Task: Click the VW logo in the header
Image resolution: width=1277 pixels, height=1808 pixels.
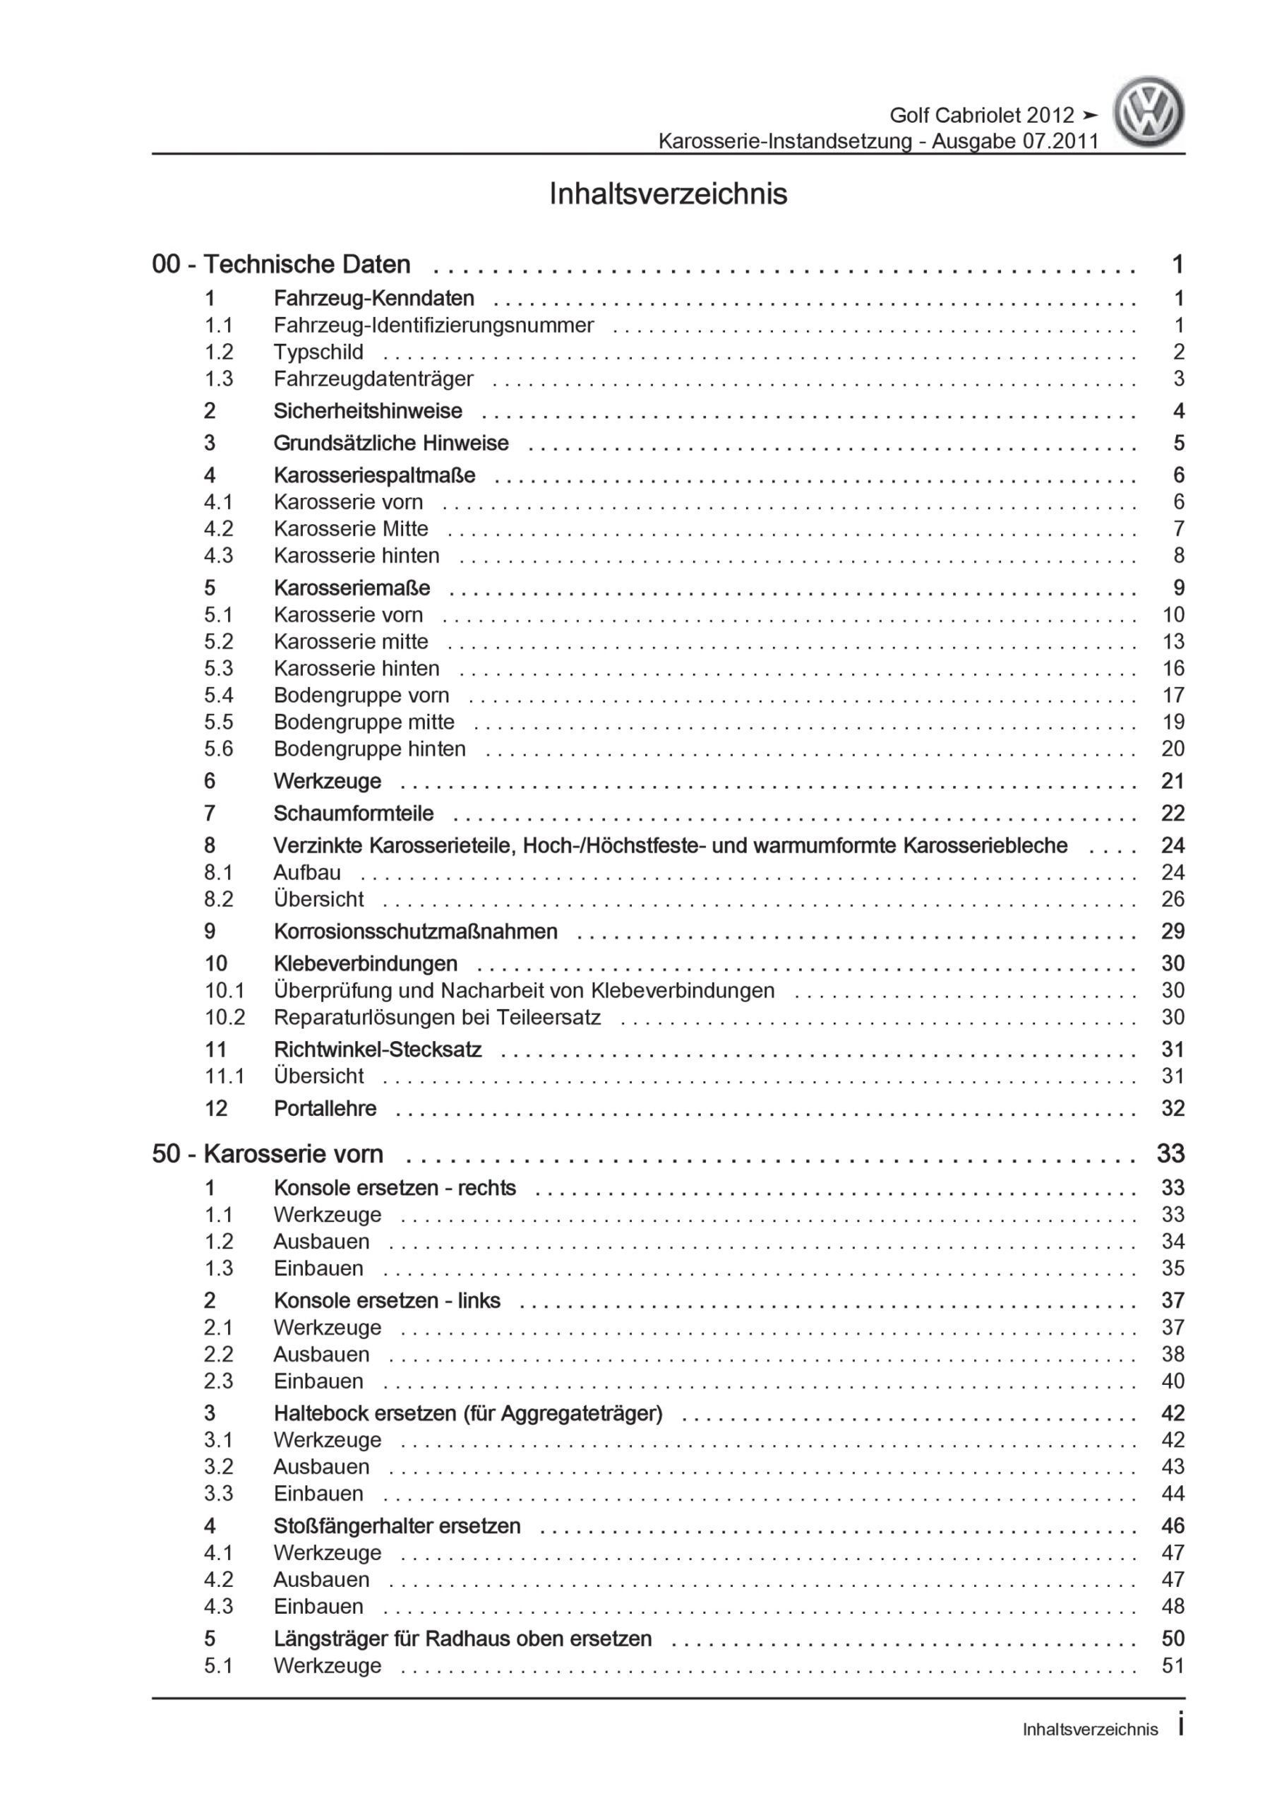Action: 1148,112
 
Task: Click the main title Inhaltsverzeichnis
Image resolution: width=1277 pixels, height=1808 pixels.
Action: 668,194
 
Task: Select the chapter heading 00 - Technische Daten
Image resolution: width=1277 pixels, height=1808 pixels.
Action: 281,265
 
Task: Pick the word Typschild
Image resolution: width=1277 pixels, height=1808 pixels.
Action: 318,352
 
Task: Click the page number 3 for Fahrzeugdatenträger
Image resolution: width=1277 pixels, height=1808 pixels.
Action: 1177,379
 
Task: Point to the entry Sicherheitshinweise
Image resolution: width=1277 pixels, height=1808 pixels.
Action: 368,411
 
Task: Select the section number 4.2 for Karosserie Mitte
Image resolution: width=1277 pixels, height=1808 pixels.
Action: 218,528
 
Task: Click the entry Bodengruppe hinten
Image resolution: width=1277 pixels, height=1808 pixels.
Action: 369,749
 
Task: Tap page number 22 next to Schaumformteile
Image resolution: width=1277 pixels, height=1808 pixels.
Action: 1173,814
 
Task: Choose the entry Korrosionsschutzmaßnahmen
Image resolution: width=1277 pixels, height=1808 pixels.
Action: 415,932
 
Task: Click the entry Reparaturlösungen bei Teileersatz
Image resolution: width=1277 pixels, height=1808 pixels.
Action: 437,1018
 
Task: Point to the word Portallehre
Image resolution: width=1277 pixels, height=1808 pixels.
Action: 324,1109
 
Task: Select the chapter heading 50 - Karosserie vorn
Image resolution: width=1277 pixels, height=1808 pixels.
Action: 268,1155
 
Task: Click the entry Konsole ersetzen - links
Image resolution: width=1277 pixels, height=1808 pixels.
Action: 387,1301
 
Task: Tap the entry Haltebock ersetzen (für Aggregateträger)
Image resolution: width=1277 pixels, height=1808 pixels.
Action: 467,1413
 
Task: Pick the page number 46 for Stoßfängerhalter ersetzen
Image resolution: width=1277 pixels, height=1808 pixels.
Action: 1173,1526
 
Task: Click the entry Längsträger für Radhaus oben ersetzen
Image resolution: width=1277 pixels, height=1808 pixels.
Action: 462,1638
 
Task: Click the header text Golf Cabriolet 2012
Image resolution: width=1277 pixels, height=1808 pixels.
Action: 981,116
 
